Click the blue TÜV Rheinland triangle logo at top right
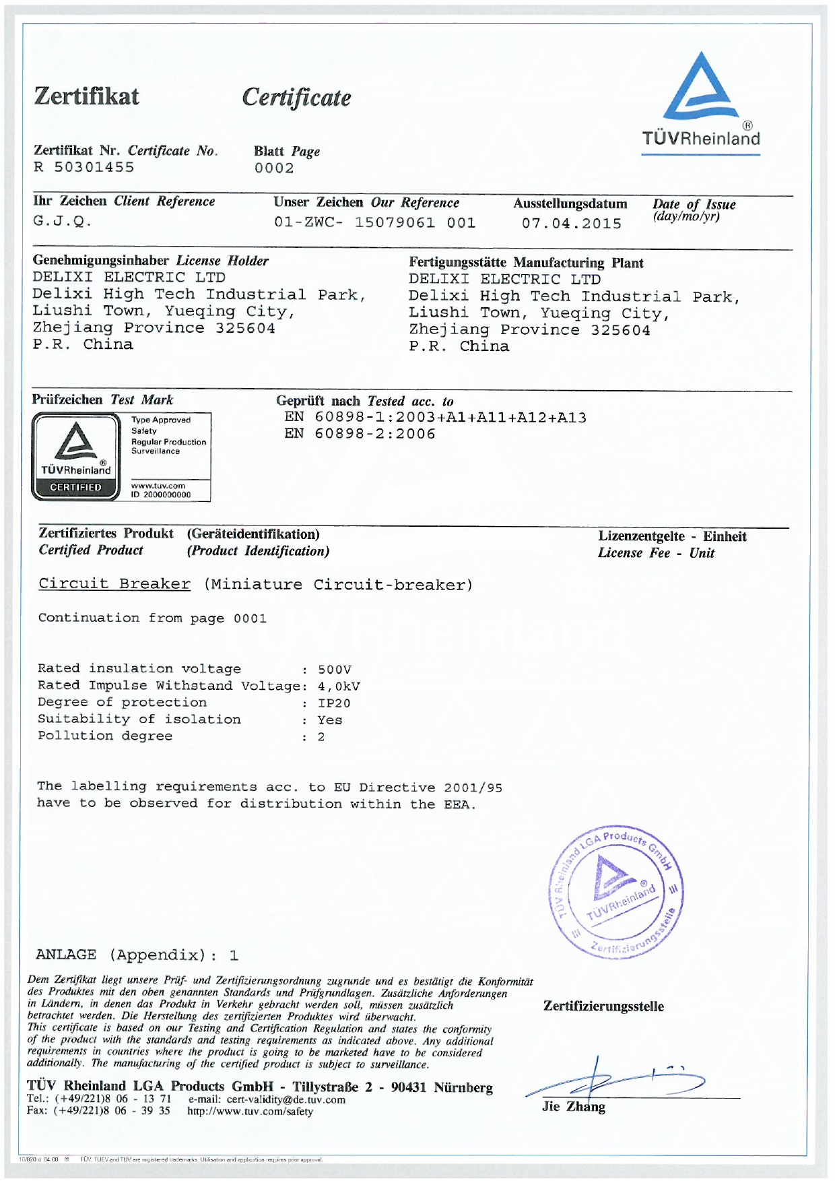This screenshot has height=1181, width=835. click(x=700, y=88)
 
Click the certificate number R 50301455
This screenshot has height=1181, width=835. click(x=84, y=167)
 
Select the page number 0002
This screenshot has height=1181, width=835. click(x=274, y=168)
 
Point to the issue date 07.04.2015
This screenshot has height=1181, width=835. click(x=572, y=224)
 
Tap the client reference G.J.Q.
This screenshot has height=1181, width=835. click(x=62, y=221)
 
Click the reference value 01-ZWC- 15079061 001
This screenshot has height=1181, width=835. click(x=374, y=223)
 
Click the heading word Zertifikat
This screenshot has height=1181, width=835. click(x=87, y=96)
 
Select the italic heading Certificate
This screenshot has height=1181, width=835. click(x=296, y=98)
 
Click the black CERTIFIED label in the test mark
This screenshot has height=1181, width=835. click(x=75, y=487)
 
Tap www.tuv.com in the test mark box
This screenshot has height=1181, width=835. click(x=158, y=485)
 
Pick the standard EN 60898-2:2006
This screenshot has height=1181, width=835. click(x=360, y=435)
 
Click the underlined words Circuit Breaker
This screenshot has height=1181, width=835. click(x=114, y=584)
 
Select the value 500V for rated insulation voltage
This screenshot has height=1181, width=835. click(x=335, y=670)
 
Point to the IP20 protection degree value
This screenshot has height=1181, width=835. click(x=334, y=703)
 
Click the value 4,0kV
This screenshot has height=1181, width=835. click(x=339, y=687)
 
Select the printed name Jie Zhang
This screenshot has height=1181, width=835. click(x=574, y=1107)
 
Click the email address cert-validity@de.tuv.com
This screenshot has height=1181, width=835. click(x=286, y=1099)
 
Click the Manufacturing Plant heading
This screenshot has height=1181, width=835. click(x=578, y=263)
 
